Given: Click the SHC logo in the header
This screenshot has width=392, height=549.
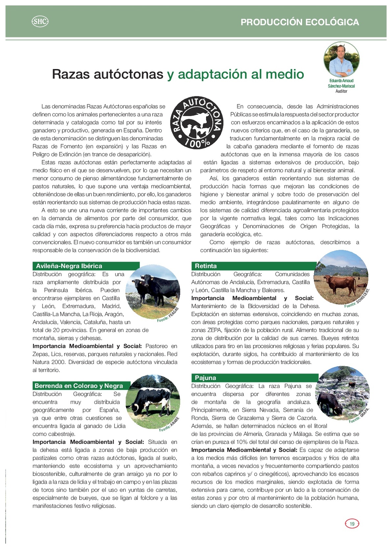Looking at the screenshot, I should click(40, 22).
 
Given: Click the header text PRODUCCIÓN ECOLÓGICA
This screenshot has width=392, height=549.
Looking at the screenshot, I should click(300, 22).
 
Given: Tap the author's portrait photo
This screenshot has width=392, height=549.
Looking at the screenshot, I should click(341, 60).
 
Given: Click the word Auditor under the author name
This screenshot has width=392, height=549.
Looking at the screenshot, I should click(341, 91).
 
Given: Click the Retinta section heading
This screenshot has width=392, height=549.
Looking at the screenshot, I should click(206, 266).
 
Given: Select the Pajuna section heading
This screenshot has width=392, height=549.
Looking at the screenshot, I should click(205, 378).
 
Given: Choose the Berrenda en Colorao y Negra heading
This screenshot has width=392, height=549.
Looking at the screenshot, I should click(79, 386).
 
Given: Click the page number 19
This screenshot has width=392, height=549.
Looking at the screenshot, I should click(352, 524).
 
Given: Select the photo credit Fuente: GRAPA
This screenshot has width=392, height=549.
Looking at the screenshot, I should click(359, 416).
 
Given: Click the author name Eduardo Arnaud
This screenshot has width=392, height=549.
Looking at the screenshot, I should click(341, 81).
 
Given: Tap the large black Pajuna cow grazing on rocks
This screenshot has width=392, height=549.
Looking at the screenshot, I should click(330, 403).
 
